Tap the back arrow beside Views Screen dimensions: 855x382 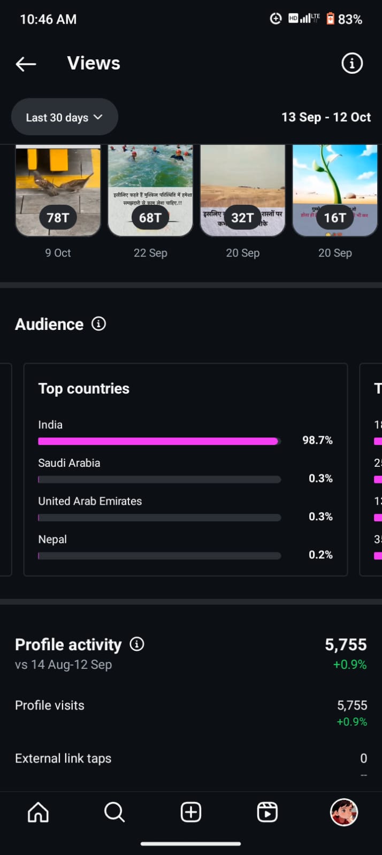[26, 64]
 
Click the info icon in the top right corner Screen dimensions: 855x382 [352, 64]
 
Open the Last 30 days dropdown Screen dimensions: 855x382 [64, 117]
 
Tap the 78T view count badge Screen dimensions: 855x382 [58, 218]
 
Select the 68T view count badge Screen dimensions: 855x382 [150, 218]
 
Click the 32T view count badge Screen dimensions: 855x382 [242, 218]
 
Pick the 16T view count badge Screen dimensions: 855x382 [335, 218]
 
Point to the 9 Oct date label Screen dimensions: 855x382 [58, 253]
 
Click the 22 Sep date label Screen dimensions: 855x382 [150, 253]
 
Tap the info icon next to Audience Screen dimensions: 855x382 [98, 323]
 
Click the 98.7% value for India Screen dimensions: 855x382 [317, 440]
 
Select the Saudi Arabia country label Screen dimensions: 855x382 [69, 463]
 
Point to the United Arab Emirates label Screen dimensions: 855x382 [90, 501]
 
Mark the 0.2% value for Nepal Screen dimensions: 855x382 [320, 554]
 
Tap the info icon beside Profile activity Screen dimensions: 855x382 [137, 644]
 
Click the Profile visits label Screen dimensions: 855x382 [50, 705]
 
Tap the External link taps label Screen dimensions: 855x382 [63, 758]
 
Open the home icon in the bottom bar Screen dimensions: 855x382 [38, 812]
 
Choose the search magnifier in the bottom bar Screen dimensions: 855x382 [114, 812]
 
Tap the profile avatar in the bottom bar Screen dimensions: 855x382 [343, 812]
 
